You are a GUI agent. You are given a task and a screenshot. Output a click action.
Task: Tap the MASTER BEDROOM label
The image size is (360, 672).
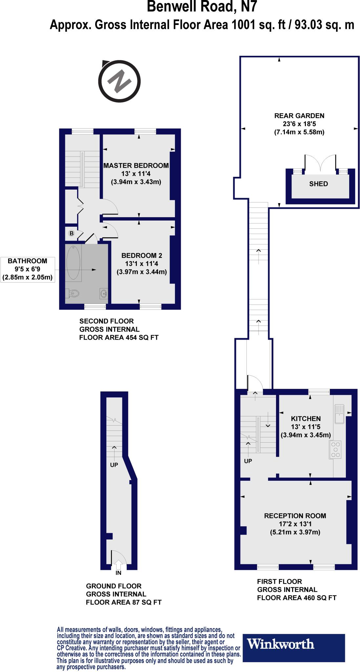click(136, 166)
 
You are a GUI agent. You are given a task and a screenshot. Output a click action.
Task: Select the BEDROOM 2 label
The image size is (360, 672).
click(142, 255)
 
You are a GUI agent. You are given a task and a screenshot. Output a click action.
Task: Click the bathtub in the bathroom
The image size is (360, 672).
click(74, 262)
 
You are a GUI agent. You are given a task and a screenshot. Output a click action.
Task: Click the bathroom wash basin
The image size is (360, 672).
click(104, 293)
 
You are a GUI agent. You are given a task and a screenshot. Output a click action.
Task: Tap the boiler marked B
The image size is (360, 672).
click(71, 233)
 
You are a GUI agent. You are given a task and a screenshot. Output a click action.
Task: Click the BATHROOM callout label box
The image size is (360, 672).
click(27, 269)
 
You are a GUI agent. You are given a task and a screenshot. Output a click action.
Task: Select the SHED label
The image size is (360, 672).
click(318, 184)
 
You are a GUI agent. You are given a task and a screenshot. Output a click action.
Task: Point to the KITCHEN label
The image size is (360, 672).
click(306, 419)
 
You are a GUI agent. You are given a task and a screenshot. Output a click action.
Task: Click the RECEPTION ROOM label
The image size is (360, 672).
click(295, 515)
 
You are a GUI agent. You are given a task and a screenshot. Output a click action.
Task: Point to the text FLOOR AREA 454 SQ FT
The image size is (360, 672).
click(119, 338)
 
